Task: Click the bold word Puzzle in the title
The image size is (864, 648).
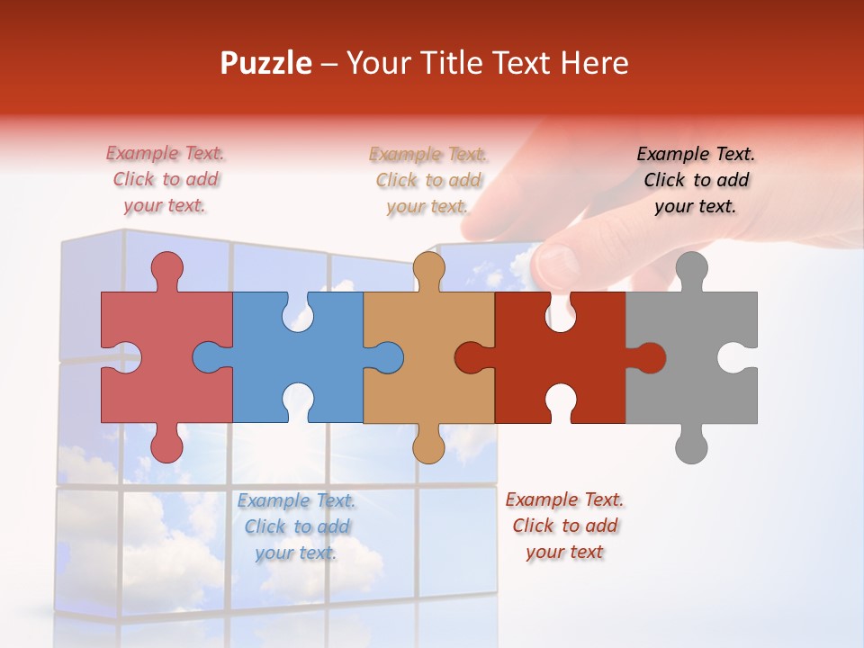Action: pos(266,63)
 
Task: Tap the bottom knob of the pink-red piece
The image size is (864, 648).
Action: pos(166,446)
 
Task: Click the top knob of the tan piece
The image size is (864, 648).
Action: pos(428,267)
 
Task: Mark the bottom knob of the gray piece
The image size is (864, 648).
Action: pos(691,446)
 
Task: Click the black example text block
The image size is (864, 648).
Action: pos(696,180)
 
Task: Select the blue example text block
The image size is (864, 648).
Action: pos(296,526)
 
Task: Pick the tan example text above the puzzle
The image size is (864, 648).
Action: pos(428,180)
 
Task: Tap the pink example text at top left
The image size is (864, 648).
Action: pos(166,180)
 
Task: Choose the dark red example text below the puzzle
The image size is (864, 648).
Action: pos(564,526)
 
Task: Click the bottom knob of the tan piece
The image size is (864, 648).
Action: pos(428,446)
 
